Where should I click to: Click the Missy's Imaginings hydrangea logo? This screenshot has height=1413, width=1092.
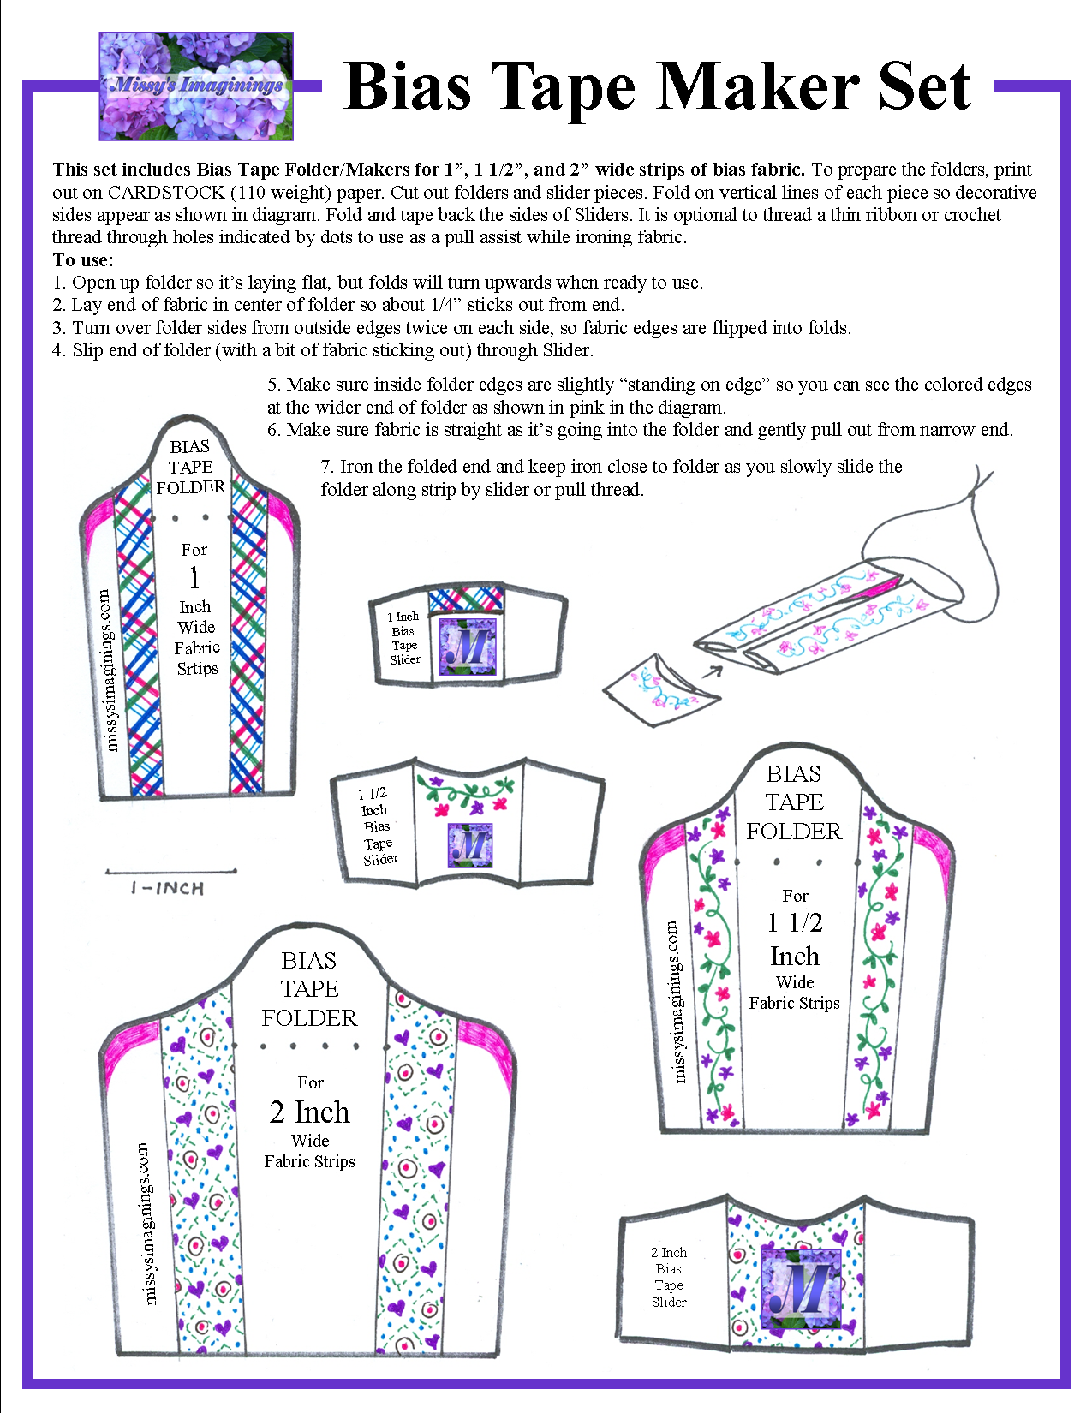[196, 86]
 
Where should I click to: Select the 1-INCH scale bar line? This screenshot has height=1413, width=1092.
[170, 873]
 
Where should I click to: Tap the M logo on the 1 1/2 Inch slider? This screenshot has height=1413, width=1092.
[469, 845]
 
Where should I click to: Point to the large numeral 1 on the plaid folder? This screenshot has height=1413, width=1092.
[194, 578]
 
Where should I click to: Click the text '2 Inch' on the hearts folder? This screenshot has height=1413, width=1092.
[309, 1112]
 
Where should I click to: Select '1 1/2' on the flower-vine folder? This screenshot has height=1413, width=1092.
[794, 922]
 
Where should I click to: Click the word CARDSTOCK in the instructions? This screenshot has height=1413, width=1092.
[165, 193]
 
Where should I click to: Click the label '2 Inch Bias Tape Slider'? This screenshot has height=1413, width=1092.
[669, 1277]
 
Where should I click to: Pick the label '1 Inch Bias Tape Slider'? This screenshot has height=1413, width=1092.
[404, 638]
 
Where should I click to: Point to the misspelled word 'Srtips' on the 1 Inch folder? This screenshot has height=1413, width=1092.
[197, 669]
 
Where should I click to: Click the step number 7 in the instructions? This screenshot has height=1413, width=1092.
[326, 467]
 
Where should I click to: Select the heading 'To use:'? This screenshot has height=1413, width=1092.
[83, 260]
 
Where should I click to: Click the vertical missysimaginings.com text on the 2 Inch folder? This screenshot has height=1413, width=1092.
[147, 1222]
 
